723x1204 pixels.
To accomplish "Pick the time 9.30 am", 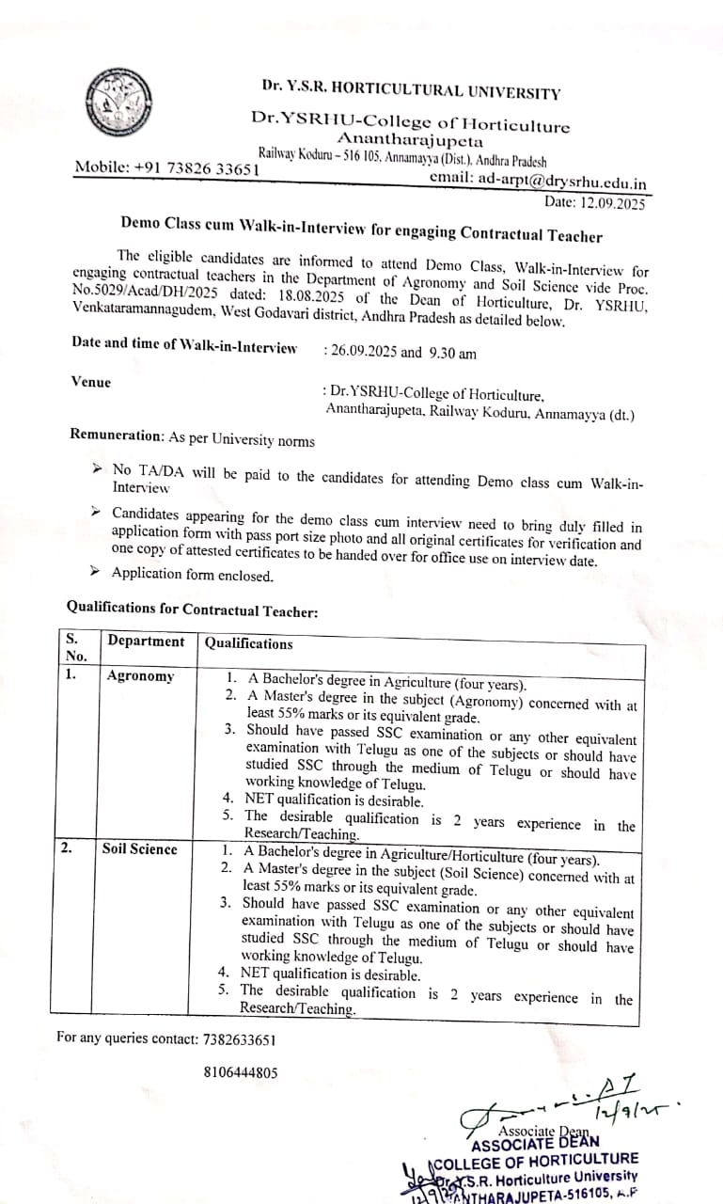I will tap(452, 353).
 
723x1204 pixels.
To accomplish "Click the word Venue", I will tap(91, 382).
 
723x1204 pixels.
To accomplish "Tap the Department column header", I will tap(146, 642).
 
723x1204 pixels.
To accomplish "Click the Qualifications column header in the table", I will tap(249, 643).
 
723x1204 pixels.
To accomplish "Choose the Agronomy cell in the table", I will tap(140, 676).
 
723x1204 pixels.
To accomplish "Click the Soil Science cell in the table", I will tap(139, 849).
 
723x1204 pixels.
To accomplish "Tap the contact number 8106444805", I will tap(240, 1073).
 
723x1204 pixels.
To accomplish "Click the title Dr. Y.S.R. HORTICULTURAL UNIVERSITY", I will tap(411, 91).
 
